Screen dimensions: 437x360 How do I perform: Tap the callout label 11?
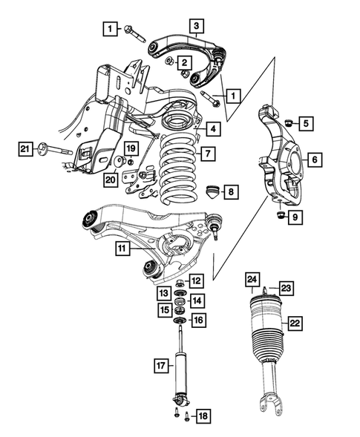[120, 249]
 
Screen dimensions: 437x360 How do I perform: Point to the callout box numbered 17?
[160, 364]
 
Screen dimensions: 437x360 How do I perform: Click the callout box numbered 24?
[252, 279]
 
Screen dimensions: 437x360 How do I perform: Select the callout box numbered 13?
[163, 295]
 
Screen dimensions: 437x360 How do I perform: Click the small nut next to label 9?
[281, 216]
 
